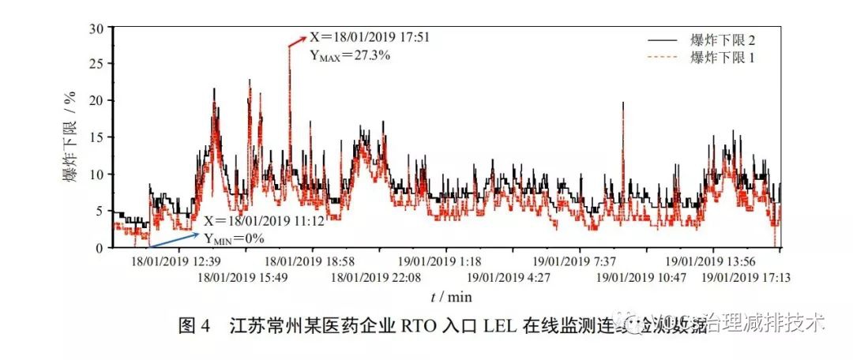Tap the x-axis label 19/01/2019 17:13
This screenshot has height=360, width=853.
[x=746, y=277]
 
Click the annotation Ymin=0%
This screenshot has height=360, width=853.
[x=234, y=238]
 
